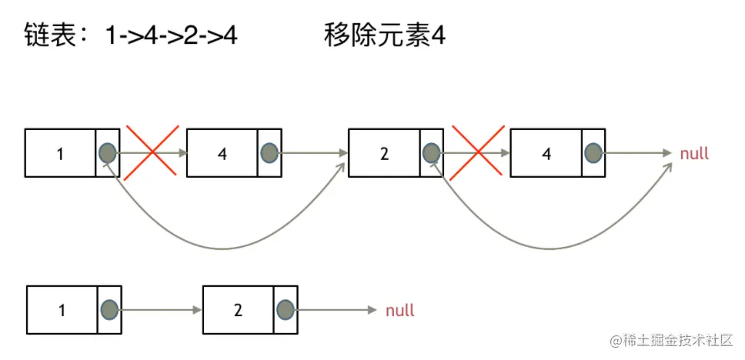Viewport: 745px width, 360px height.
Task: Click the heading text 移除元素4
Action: (x=385, y=36)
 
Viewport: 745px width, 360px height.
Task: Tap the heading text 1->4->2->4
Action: (x=172, y=36)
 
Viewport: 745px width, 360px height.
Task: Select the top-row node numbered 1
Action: (x=61, y=153)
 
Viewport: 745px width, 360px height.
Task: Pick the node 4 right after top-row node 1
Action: (x=222, y=153)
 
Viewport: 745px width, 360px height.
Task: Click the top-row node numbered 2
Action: (x=385, y=153)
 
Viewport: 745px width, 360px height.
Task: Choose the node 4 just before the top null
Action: (x=546, y=153)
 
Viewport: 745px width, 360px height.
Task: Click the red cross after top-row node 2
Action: (x=478, y=153)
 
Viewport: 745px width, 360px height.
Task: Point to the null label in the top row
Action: (x=694, y=154)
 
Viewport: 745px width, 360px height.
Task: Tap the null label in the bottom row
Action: (x=400, y=311)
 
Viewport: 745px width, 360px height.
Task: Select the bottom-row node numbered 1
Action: (x=62, y=310)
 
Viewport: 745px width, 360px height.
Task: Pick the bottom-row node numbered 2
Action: (x=239, y=310)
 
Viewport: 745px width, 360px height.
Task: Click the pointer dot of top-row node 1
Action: (x=108, y=153)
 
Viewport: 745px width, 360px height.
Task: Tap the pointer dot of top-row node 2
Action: (x=432, y=153)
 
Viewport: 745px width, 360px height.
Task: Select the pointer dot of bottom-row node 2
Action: (x=286, y=310)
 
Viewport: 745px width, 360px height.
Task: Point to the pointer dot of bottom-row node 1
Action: (x=109, y=310)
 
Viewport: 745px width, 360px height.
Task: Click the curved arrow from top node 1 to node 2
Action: (x=223, y=248)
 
